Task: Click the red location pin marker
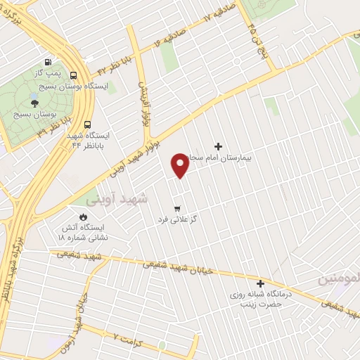coord(180,165)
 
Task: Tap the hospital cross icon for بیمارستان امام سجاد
coord(218,146)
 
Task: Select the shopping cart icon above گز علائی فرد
coord(176,208)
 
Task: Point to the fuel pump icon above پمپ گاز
coord(47,61)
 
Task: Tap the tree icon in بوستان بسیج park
coord(35,103)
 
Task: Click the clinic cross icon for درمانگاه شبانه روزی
coord(260,283)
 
